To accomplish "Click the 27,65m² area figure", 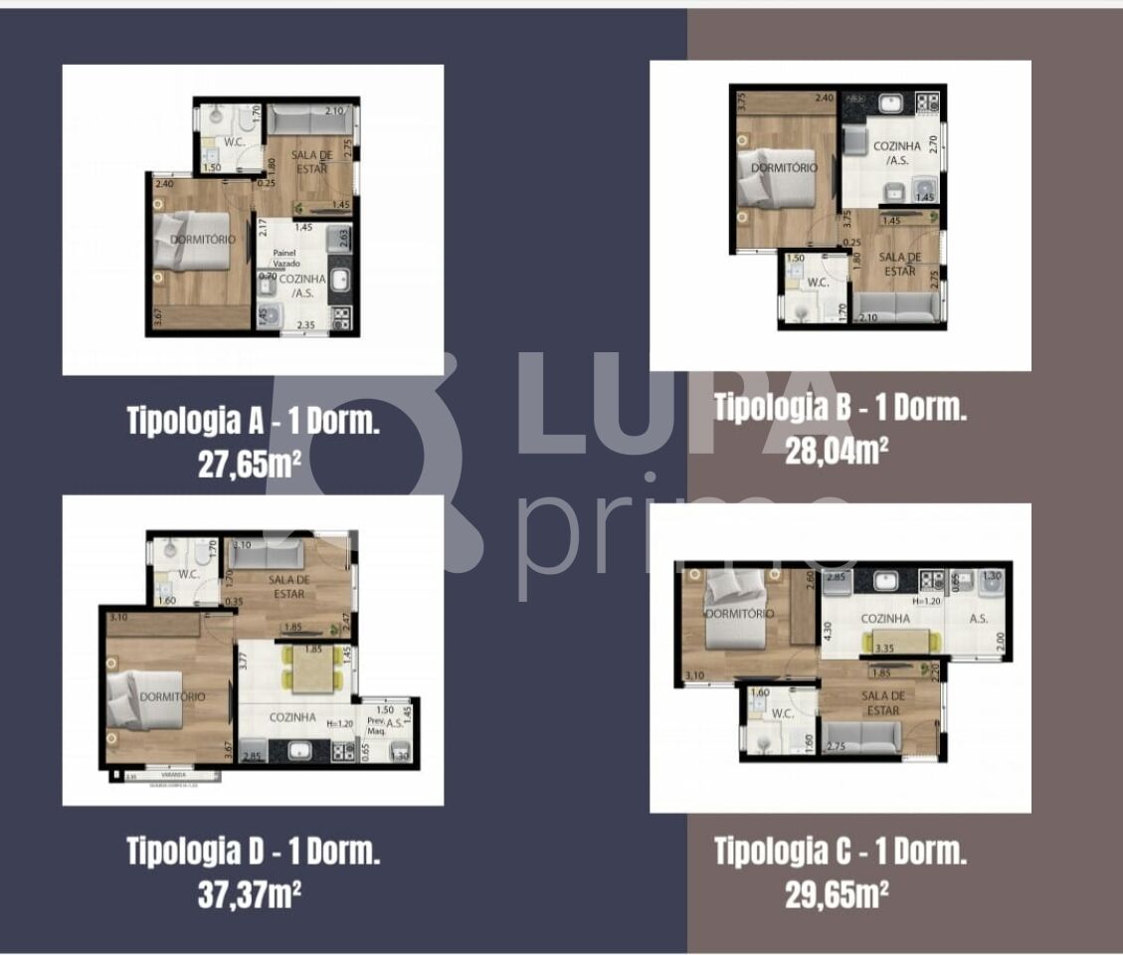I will tap(250, 464).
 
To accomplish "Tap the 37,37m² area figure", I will tap(250, 894).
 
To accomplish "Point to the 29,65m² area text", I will tap(837, 894).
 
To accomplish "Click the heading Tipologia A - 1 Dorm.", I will tap(253, 421).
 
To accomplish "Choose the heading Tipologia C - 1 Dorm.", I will tap(841, 852).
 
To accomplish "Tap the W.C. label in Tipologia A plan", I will tap(235, 140).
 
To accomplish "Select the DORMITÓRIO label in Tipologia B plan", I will tap(784, 168).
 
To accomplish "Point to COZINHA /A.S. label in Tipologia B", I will tap(892, 152).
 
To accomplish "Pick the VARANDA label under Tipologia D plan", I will tap(166, 775).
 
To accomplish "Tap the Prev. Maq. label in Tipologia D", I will tap(375, 727).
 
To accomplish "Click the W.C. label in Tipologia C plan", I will tap(782, 713).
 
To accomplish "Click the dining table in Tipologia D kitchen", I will tap(313, 673).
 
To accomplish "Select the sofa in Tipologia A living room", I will tap(309, 122).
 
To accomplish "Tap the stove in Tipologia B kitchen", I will tap(927, 101).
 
